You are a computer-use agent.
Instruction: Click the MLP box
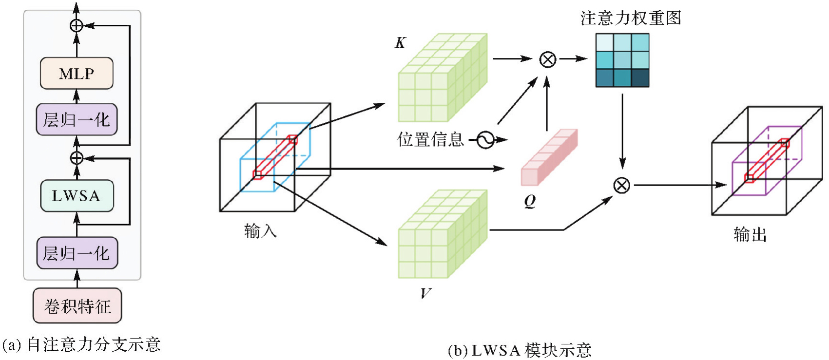click(x=77, y=73)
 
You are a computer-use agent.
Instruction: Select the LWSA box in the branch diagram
click(x=77, y=196)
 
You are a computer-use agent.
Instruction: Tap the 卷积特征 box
click(x=77, y=306)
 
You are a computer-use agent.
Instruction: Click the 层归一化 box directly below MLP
click(x=77, y=119)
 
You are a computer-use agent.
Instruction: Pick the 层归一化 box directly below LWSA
click(x=77, y=253)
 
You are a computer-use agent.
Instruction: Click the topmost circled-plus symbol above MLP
click(x=77, y=25)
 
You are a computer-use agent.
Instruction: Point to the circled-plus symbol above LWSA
click(x=77, y=158)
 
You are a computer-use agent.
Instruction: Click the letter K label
click(x=400, y=43)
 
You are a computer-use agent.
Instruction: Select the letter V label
click(x=425, y=293)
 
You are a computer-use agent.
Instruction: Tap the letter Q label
click(x=530, y=201)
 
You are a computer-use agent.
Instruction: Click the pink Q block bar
click(x=549, y=157)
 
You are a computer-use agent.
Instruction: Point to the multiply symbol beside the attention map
click(x=548, y=59)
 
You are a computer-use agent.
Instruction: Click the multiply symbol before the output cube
click(x=621, y=186)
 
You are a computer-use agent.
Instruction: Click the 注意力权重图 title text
click(x=631, y=18)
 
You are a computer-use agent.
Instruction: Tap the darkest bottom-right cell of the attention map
click(x=640, y=78)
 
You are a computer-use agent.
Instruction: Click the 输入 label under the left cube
click(x=260, y=230)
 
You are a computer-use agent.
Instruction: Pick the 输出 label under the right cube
click(x=750, y=235)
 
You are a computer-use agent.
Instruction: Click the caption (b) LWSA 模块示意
click(x=520, y=350)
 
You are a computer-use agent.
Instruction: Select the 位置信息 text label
click(x=430, y=140)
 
